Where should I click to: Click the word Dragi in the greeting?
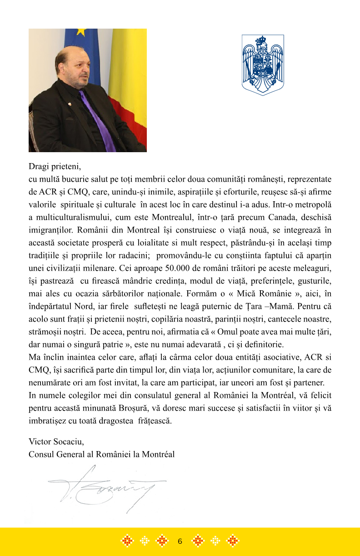click(x=39, y=166)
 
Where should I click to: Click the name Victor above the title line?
click(x=39, y=442)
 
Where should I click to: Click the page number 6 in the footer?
click(x=180, y=541)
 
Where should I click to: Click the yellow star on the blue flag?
click(x=81, y=32)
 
